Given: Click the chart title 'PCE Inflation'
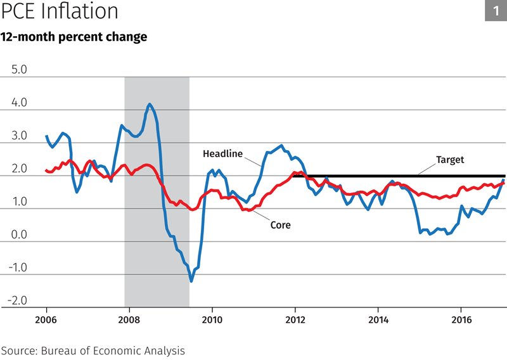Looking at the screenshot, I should [x=60, y=12].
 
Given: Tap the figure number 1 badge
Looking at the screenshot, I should [x=496, y=11].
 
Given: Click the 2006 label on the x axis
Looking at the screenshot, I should [x=46, y=319].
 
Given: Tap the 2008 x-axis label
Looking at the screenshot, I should [x=129, y=319].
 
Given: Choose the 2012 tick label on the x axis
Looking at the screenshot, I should [x=295, y=319].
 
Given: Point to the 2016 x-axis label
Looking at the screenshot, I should [x=461, y=319].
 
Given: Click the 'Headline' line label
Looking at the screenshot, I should [x=222, y=153].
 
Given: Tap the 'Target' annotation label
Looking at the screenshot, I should [x=450, y=160].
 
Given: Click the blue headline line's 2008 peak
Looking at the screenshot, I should [x=150, y=105].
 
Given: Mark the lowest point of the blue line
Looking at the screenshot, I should [x=191, y=281].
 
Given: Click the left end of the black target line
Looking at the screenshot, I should [x=294, y=176].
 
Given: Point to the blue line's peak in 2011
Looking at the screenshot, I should [x=281, y=145].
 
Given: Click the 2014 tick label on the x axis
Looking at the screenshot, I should [x=378, y=319].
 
